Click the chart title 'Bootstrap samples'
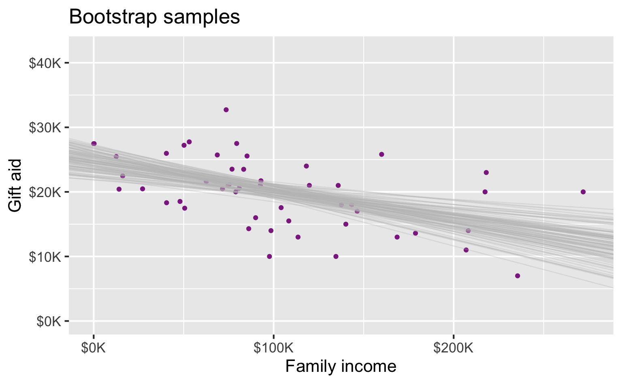pyautogui.click(x=155, y=17)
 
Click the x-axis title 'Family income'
pyautogui.click(x=341, y=366)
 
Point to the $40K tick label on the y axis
pyautogui.click(x=45, y=63)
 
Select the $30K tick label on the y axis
pyautogui.click(x=45, y=127)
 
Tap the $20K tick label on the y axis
pyautogui.click(x=45, y=192)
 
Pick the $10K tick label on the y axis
pyautogui.click(x=45, y=257)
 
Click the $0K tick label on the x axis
pyautogui.click(x=94, y=348)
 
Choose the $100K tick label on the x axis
pyautogui.click(x=274, y=348)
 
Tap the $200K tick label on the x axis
pyautogui.click(x=454, y=348)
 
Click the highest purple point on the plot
pyautogui.click(x=226, y=110)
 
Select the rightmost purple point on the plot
pyautogui.click(x=583, y=192)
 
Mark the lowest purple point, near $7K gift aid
pyautogui.click(x=518, y=276)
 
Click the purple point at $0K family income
pyautogui.click(x=94, y=144)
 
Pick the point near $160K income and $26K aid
pyautogui.click(x=381, y=154)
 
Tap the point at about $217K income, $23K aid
pyautogui.click(x=486, y=172)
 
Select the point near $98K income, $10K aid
pyautogui.click(x=269, y=257)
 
